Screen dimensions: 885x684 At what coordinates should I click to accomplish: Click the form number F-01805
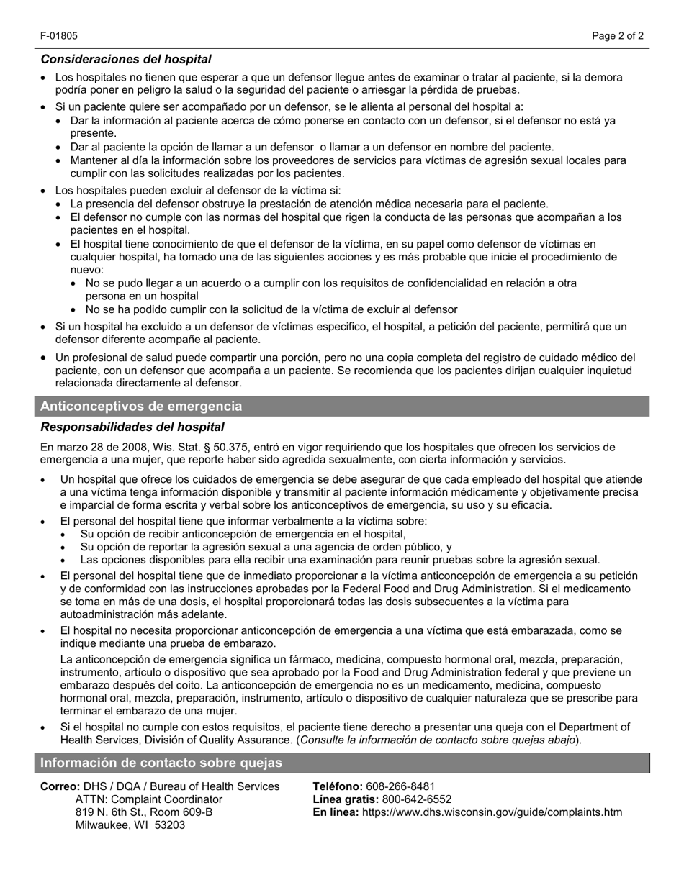coord(59,36)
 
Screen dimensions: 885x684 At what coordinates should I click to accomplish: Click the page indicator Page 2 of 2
coord(618,36)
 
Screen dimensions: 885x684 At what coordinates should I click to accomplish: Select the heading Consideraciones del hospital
coord(126,59)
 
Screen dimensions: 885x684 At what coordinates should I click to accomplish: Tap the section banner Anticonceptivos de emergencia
coord(141,407)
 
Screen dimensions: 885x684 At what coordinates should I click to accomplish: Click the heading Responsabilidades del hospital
coord(132,427)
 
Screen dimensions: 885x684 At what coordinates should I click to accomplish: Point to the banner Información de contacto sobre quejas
coord(161,763)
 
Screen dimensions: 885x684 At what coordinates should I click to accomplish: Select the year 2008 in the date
coord(120,447)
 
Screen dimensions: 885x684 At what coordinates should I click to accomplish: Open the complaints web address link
coord(492,812)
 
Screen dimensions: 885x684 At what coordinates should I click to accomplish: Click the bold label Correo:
coord(60,786)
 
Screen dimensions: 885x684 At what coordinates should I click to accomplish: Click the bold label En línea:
coord(336,812)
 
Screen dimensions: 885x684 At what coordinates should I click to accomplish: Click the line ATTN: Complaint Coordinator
coord(149,799)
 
